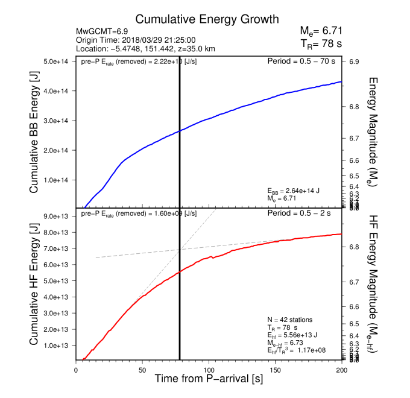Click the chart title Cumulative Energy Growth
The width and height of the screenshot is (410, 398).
pos(199,19)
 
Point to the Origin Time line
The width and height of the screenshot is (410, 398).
pos(127,40)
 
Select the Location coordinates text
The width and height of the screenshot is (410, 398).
pos(145,48)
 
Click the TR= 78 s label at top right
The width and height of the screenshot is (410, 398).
pos(321,44)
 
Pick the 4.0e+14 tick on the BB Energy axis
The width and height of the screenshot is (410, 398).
pos(58,91)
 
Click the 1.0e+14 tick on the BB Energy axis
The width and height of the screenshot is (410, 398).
pos(58,180)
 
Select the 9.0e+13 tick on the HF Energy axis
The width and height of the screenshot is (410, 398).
pos(58,216)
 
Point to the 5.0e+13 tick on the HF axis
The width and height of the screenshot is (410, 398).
pos(58,281)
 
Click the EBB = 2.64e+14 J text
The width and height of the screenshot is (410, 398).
pos(293,191)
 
